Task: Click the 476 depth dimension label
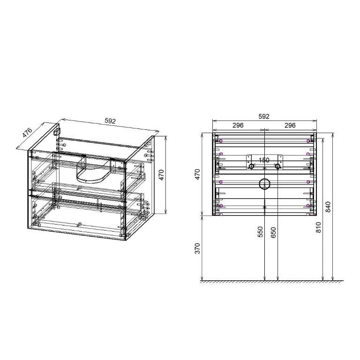click(x=27, y=133)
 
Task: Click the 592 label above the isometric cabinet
click(x=110, y=121)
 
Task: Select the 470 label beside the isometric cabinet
click(x=161, y=175)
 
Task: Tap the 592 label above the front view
click(x=264, y=116)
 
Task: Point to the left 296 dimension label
click(x=238, y=125)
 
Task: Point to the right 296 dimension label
click(x=290, y=125)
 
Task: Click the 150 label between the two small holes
click(x=264, y=160)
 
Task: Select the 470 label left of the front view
click(x=197, y=174)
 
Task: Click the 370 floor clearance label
click(x=197, y=248)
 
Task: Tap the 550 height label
click(x=260, y=232)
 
